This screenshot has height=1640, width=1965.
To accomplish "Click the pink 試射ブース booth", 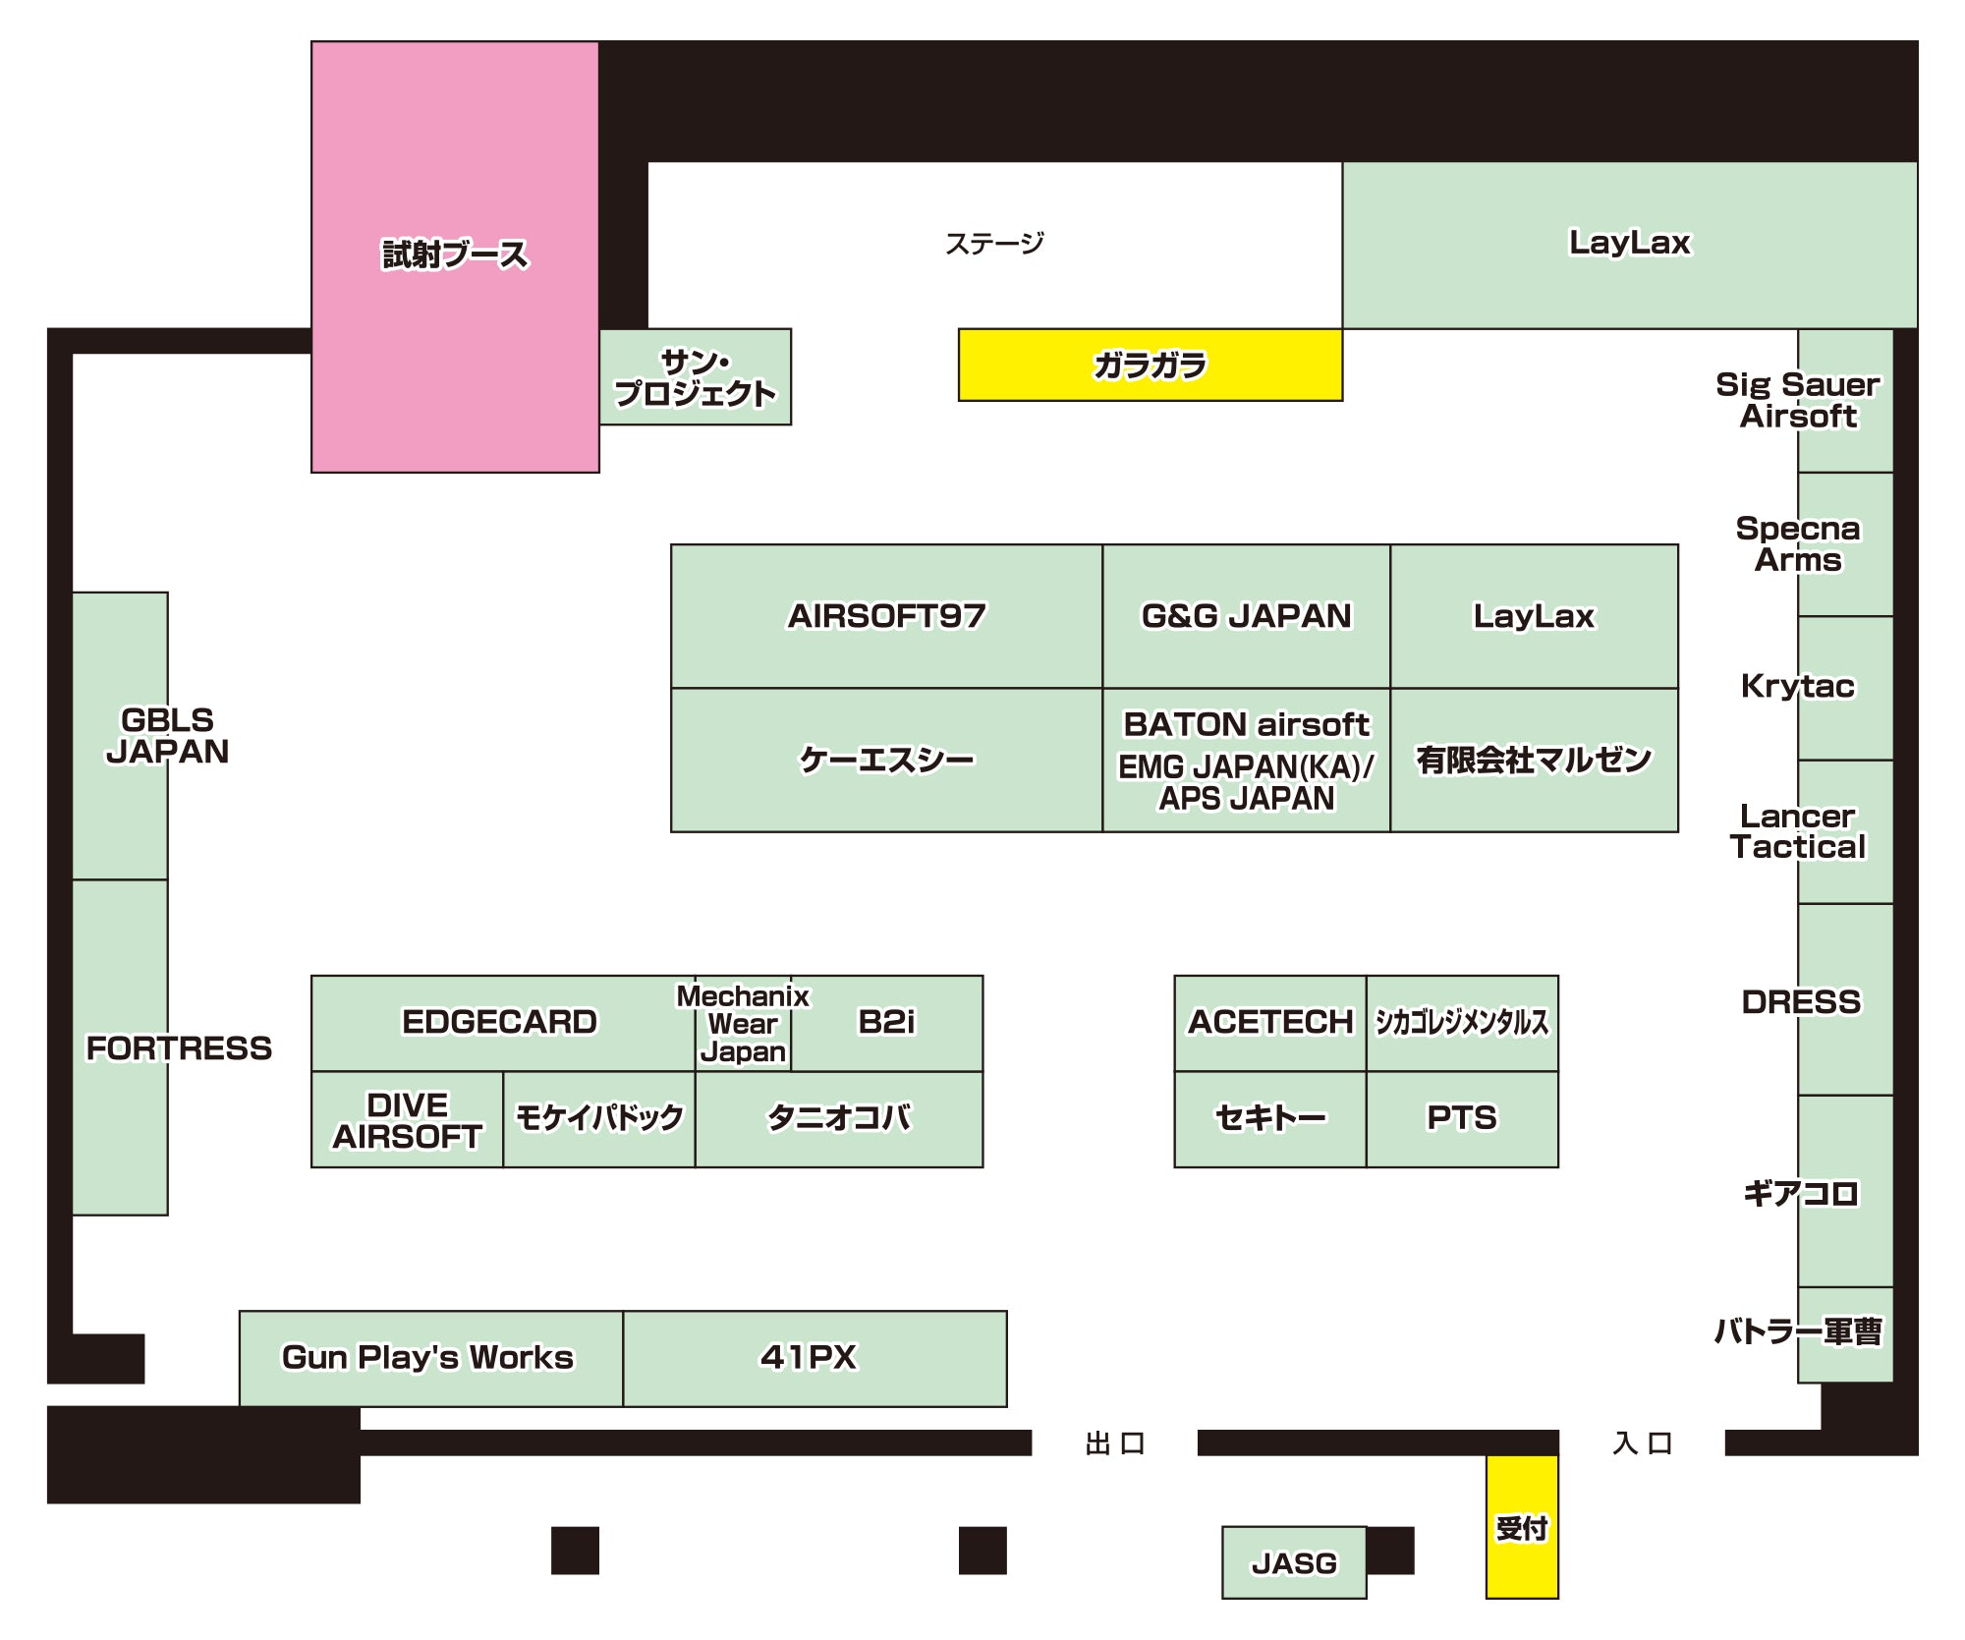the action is click(x=455, y=256).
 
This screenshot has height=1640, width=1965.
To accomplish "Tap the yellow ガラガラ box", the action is click(x=1151, y=365).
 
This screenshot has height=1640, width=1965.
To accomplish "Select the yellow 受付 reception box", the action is click(x=1522, y=1527).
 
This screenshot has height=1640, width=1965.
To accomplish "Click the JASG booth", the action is click(x=1294, y=1562).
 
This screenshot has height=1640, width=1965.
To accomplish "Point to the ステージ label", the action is click(x=994, y=243).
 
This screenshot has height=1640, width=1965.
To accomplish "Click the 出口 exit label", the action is click(x=1115, y=1443).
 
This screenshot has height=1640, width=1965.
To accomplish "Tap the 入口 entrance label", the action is click(x=1642, y=1443).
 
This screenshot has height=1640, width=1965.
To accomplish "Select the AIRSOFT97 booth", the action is click(x=886, y=616).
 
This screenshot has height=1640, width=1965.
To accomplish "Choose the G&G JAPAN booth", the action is click(x=1246, y=616).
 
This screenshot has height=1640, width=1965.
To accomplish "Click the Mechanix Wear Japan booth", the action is click(x=743, y=1023).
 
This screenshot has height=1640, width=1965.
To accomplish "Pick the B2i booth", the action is click(x=886, y=1023).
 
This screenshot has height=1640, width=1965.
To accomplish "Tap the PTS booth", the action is click(x=1462, y=1118).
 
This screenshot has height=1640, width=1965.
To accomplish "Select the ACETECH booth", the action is click(x=1270, y=1023).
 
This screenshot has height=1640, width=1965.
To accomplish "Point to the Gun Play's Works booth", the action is click(x=431, y=1358).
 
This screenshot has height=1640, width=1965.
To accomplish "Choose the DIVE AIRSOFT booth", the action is click(x=407, y=1119).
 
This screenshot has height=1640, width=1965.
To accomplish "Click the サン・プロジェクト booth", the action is click(x=696, y=377).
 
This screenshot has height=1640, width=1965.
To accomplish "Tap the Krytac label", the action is click(x=1798, y=686).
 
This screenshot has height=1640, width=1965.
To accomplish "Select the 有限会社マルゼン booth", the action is click(x=1534, y=760).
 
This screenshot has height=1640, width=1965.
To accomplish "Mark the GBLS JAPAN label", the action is click(x=167, y=735).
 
